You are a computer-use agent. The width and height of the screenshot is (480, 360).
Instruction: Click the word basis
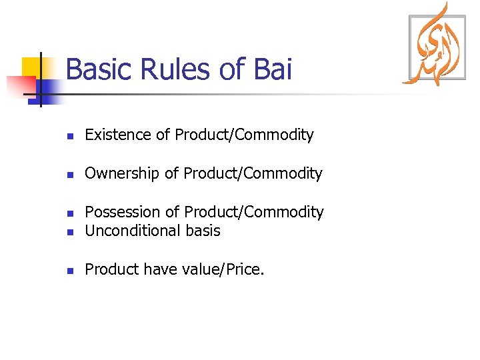click(x=203, y=231)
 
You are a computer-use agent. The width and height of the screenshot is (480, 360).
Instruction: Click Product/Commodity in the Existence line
click(x=244, y=135)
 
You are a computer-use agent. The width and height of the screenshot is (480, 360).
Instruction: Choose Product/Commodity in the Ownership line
click(x=253, y=173)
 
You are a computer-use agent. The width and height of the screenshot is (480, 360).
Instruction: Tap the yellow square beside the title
click(x=33, y=67)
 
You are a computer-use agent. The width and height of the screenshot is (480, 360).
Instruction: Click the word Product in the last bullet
click(x=111, y=269)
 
